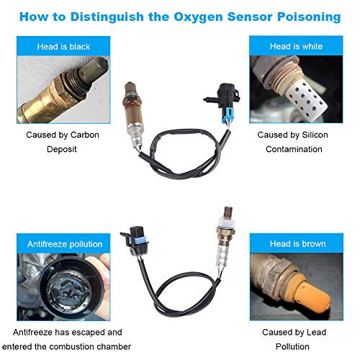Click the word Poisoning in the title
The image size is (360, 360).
click(309, 17)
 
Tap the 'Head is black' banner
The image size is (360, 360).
click(63, 46)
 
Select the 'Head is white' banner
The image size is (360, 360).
click(296, 46)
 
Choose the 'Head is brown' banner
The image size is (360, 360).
click(297, 243)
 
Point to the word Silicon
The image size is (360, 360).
click(315, 135)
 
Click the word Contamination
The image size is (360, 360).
click(294, 149)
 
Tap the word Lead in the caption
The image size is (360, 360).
click(317, 333)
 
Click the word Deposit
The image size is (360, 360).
click(62, 149)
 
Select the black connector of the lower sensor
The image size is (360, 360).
click(135, 240)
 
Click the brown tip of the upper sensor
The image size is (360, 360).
click(130, 88)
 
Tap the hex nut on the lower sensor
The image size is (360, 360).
click(225, 232)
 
